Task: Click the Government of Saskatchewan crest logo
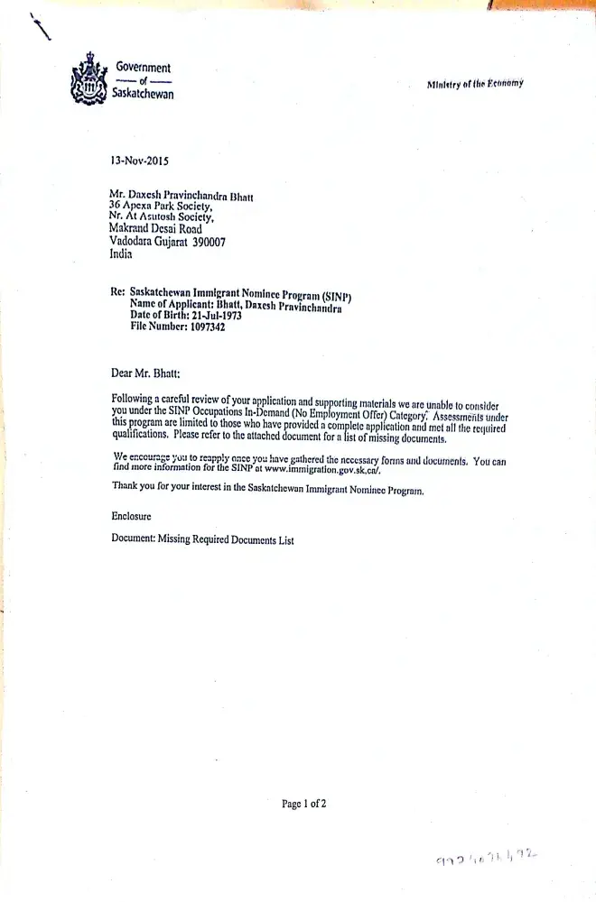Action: (x=88, y=79)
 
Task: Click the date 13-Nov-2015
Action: (x=139, y=161)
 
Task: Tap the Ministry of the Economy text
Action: (x=475, y=84)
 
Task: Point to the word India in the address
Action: (x=120, y=254)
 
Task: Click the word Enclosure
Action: (x=132, y=516)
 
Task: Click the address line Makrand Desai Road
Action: (x=155, y=229)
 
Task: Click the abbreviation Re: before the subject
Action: (x=117, y=292)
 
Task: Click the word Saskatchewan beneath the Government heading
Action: (x=143, y=94)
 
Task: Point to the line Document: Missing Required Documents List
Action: (x=202, y=540)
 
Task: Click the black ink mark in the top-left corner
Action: (x=40, y=29)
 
